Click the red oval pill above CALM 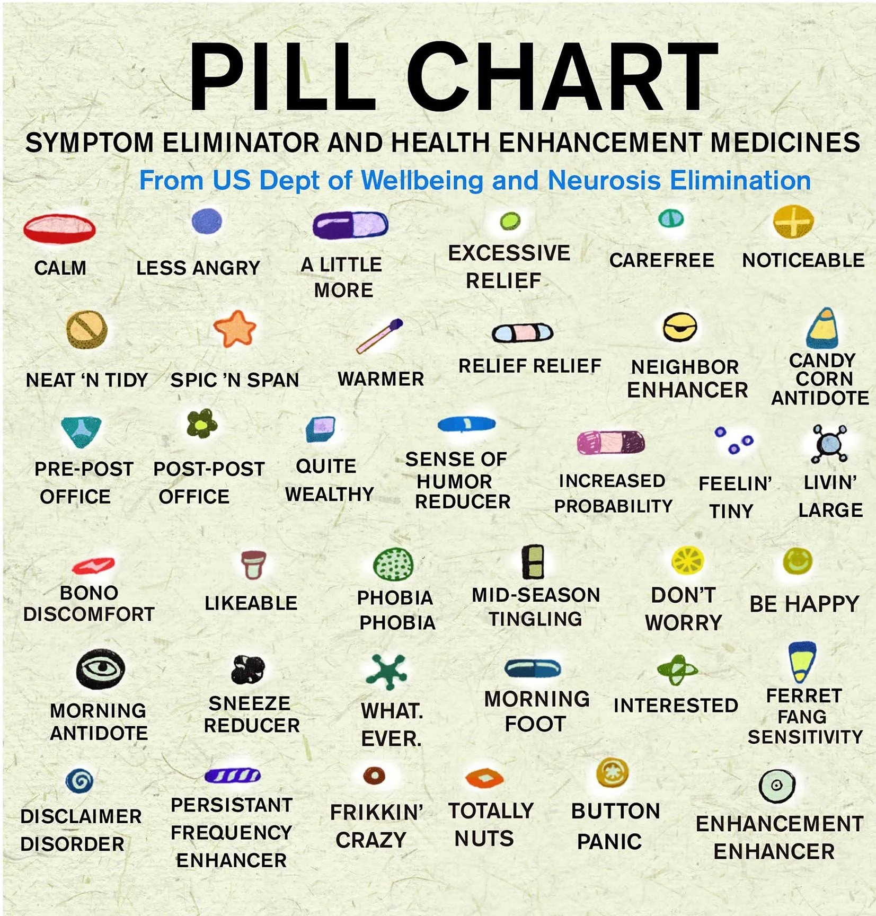tap(59, 228)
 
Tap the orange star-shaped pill tap(235, 329)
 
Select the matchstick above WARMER tap(379, 336)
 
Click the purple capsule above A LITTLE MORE tap(350, 225)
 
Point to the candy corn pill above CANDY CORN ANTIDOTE tap(822, 329)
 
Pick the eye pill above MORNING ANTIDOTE tap(100, 668)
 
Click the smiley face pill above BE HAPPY tap(798, 561)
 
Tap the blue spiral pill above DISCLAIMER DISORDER tap(79, 780)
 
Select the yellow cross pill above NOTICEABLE tap(793, 221)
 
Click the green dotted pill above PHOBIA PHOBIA tap(393, 564)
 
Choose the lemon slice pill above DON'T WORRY tap(687, 561)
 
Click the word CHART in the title tap(562, 77)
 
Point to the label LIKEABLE tap(251, 603)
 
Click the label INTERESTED tap(676, 705)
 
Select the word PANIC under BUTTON tap(609, 841)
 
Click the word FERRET tap(803, 695)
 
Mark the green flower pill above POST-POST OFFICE tap(202, 424)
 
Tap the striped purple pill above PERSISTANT tap(232, 776)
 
